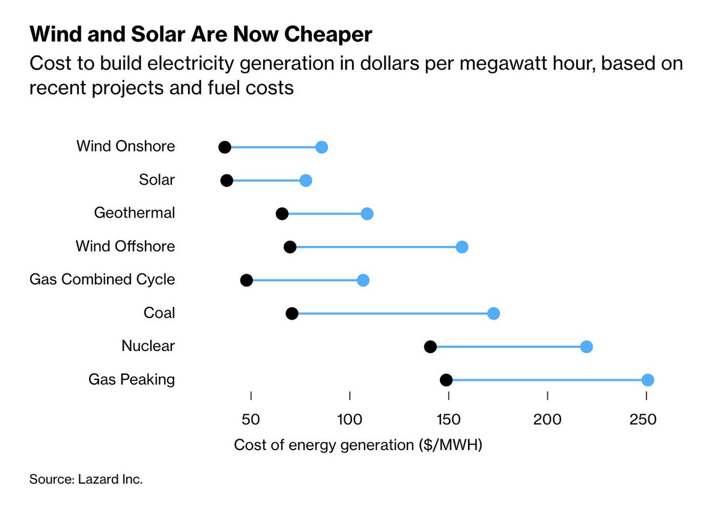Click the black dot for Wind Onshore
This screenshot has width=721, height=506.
(x=225, y=148)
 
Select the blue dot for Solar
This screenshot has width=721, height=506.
(x=305, y=181)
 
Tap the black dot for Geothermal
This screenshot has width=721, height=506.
(x=282, y=214)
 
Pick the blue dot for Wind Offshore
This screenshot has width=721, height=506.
(x=461, y=247)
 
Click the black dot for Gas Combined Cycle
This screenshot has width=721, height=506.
(x=246, y=280)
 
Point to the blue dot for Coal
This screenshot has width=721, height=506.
(x=493, y=313)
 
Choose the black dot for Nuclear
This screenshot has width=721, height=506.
(x=430, y=347)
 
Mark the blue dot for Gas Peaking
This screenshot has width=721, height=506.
(x=647, y=380)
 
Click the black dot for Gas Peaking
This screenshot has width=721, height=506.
(x=446, y=380)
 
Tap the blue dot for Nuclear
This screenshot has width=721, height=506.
(x=586, y=347)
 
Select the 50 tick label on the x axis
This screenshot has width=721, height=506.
(x=251, y=418)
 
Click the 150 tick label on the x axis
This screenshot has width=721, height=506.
(x=448, y=418)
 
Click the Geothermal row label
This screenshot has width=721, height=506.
(x=135, y=213)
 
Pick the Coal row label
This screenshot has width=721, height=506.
(x=159, y=312)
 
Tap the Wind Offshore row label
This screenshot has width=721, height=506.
(x=125, y=246)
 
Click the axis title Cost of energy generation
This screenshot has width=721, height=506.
(x=358, y=445)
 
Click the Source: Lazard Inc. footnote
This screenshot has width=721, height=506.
(x=86, y=480)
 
